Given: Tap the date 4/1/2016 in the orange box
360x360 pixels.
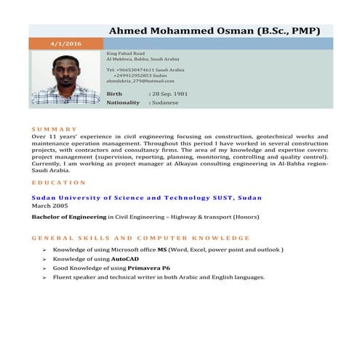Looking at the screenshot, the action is tap(66, 44).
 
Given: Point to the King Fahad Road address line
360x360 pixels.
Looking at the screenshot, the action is tap(126, 54).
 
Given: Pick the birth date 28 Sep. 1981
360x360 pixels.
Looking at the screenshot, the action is tap(168, 95).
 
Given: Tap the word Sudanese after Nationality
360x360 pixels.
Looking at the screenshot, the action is tap(165, 103).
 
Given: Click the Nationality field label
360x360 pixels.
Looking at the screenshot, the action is tap(123, 103).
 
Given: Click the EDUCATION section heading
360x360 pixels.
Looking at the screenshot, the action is tap(59, 183).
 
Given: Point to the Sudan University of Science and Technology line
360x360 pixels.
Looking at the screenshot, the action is tap(146, 197).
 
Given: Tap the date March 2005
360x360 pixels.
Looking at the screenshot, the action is tap(49, 206).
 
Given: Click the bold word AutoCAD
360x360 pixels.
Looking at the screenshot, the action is tap(125, 259).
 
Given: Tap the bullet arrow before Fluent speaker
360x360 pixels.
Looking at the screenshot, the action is tap(44, 277).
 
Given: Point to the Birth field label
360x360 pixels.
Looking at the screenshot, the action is tap(115, 95).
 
